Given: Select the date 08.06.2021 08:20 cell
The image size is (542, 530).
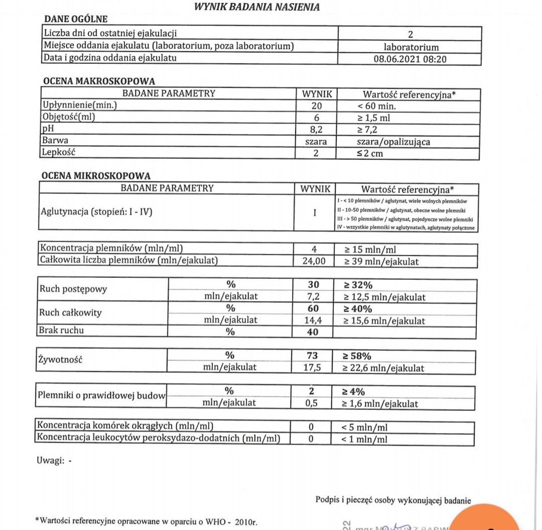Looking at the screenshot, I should click(410, 58).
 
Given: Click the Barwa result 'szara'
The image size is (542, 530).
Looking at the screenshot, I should click(316, 142).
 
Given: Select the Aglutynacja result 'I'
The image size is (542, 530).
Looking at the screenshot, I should click(315, 213).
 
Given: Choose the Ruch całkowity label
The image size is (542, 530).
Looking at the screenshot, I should click(71, 313).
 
